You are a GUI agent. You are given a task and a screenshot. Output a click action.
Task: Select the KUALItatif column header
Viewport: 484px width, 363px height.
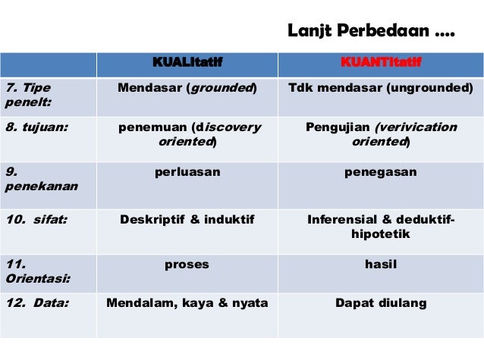187,61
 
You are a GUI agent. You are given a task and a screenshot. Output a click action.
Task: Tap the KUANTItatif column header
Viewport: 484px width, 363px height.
381,61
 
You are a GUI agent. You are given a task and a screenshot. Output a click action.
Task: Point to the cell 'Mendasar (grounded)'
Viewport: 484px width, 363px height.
187,88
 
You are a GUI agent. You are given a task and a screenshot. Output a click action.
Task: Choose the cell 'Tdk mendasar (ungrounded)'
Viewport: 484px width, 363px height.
381,88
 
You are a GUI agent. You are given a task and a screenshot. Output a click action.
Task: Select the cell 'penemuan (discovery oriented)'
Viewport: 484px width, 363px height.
187,134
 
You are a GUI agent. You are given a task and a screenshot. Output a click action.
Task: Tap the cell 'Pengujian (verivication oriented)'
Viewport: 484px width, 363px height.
381,134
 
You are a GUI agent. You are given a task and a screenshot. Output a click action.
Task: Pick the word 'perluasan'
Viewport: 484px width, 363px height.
187,172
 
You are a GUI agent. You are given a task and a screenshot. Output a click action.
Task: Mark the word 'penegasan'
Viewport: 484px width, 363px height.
381,172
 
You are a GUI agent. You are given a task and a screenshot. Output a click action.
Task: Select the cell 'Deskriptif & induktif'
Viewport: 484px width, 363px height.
187,221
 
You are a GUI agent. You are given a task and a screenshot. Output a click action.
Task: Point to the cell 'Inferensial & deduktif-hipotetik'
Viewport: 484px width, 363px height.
381,227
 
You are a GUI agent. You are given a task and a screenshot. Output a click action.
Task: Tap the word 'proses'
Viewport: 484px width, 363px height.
187,265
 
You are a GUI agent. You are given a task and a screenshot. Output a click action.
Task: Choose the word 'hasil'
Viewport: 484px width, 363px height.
381,265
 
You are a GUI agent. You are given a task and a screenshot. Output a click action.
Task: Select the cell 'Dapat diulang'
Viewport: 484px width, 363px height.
381,304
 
